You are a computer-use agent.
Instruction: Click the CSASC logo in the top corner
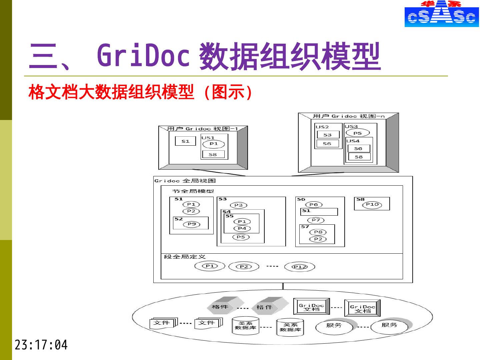[441, 14]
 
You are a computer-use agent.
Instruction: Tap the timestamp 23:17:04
[41, 345]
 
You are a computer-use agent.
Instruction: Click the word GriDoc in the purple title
[143, 55]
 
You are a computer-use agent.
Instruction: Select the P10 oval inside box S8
[372, 205]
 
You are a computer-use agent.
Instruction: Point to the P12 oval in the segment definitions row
[299, 267]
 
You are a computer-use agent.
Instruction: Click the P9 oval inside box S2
[192, 224]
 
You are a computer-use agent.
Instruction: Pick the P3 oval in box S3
[238, 205]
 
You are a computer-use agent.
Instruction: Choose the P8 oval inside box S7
[318, 232]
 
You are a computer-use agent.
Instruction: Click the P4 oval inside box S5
[242, 228]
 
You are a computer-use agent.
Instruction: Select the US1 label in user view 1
[208, 138]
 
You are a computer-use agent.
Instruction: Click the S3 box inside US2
[327, 135]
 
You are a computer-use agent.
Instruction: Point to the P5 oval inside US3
[357, 133]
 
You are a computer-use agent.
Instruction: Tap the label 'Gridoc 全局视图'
[185, 181]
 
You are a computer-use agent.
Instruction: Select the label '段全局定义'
[185, 257]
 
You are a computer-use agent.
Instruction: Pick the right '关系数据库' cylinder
[290, 327]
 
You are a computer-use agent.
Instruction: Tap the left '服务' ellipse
[334, 326]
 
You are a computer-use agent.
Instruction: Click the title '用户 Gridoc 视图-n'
[348, 116]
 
